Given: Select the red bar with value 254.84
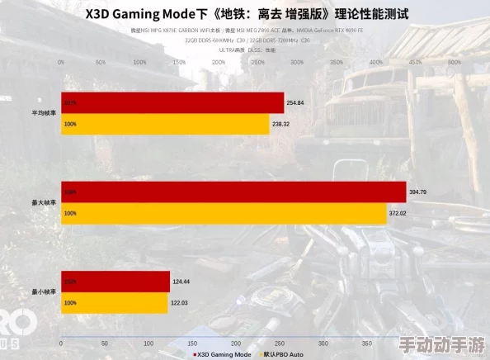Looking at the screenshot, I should (x=172, y=102).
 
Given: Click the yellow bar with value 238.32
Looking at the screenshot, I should (x=165, y=124).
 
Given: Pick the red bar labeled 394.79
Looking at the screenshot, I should (x=233, y=192).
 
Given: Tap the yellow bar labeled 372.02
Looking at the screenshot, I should (x=223, y=213).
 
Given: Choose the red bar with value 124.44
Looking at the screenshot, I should (x=115, y=282).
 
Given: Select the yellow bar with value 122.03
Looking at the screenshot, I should (x=114, y=303).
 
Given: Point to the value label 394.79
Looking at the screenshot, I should (x=419, y=192).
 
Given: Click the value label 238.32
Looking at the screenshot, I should (x=282, y=124).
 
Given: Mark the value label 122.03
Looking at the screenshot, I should (x=181, y=303).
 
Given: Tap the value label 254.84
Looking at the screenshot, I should (x=295, y=102).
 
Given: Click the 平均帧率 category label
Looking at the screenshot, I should (x=44, y=113).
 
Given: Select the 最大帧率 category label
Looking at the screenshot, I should (x=44, y=202).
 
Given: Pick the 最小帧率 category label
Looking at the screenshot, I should (x=44, y=292).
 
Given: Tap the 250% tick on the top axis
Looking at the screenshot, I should (x=257, y=61).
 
